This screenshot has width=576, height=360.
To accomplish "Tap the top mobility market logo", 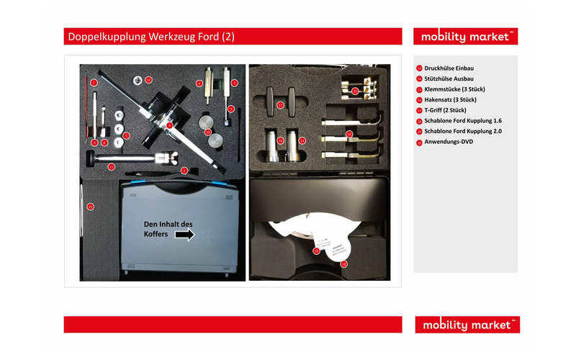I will click(466, 36).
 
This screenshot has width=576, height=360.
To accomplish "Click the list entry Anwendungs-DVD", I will click(449, 143).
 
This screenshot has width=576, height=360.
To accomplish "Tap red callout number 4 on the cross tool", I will click(168, 125).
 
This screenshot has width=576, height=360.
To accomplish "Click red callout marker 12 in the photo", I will click(148, 79).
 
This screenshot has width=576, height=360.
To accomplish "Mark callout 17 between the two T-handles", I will click(281, 104).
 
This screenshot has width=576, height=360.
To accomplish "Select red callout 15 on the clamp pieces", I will click(354, 91).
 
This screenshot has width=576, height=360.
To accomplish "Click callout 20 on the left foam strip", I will click(90, 207).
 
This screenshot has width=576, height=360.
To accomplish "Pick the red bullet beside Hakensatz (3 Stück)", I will click(419, 99).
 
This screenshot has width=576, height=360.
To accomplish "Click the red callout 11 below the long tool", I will click(111, 166).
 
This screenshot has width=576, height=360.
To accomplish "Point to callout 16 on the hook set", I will click(349, 134).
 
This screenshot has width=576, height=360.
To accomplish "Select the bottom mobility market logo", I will click(467, 325).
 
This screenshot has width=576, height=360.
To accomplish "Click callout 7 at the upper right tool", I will click(234, 83).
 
